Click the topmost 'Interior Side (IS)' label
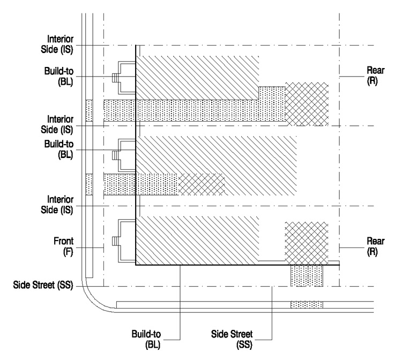click(57, 44)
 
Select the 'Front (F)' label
click(63, 246)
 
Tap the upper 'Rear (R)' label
click(376, 76)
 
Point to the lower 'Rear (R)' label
click(376, 246)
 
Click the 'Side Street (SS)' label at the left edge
click(43, 285)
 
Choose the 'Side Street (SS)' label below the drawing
click(232, 339)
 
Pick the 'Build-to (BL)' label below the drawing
click(146, 339)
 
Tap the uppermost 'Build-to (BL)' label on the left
click(59, 76)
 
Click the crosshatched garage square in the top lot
click(307, 104)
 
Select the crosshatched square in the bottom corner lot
click(307, 243)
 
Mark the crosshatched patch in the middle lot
click(201, 184)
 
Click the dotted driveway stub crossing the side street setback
click(307, 276)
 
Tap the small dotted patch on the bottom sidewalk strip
click(307, 305)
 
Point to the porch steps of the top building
click(115, 78)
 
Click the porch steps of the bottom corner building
click(115, 241)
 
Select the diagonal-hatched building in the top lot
click(197, 78)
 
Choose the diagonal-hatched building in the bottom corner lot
click(197, 241)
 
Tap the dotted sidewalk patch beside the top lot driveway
click(89, 110)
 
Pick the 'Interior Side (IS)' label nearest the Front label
click(57, 205)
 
